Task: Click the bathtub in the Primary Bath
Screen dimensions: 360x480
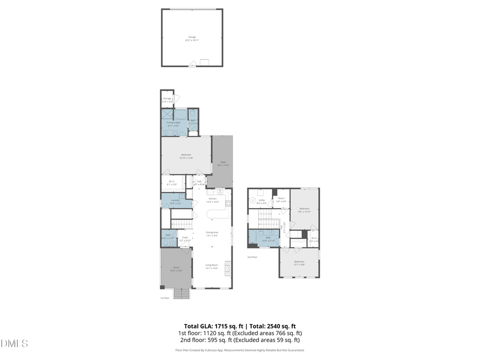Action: (x=180, y=114)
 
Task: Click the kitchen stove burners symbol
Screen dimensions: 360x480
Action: (x=229, y=203)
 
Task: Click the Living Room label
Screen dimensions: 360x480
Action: (x=212, y=266)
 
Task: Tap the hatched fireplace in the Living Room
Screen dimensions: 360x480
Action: (x=228, y=267)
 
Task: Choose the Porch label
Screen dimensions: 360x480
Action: (x=176, y=269)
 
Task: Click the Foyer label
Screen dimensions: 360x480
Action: (x=185, y=238)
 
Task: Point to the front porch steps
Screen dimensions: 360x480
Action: (x=182, y=294)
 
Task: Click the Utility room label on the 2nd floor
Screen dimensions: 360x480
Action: (x=261, y=202)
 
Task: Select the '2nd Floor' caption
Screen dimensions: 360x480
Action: (x=252, y=257)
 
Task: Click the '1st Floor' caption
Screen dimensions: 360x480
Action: (x=165, y=298)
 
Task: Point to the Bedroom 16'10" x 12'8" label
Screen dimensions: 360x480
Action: (x=186, y=156)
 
